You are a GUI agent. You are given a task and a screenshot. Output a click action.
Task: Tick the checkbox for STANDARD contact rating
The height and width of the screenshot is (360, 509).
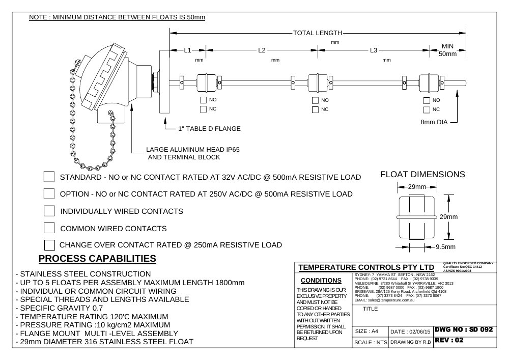tap(49, 177)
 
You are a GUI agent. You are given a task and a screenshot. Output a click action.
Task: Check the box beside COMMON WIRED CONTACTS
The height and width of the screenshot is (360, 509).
tap(49, 228)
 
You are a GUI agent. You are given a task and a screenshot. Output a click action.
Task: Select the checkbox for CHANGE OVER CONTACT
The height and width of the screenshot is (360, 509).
tap(49, 245)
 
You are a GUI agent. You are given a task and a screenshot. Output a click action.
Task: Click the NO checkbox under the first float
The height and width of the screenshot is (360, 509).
tap(204, 100)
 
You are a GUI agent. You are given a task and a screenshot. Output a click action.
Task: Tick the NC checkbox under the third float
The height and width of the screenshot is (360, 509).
tap(427, 109)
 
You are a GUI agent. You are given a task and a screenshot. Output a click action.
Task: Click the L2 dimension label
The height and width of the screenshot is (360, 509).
tap(262, 50)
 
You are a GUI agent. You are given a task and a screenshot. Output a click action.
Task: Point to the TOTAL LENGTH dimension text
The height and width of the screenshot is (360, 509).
tap(318, 33)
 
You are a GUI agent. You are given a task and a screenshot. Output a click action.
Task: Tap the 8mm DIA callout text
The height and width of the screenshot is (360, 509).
tap(434, 122)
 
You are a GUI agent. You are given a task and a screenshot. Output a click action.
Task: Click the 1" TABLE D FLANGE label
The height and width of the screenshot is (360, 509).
tap(209, 129)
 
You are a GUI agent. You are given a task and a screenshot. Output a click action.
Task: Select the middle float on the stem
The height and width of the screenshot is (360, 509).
tap(318, 83)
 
